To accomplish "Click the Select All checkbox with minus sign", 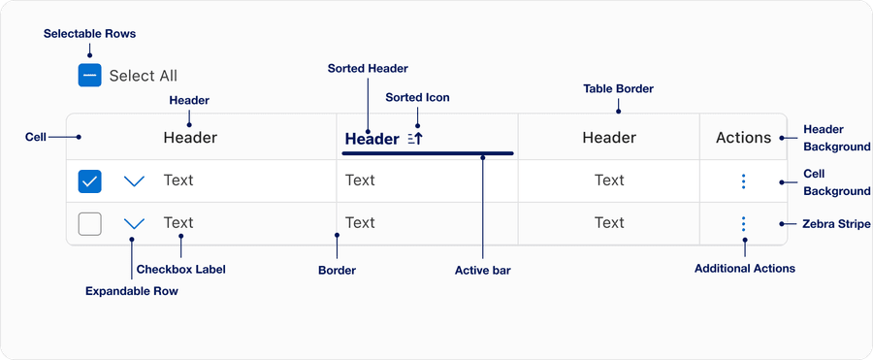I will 89,76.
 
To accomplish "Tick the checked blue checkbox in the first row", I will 89,180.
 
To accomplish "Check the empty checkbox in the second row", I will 89,224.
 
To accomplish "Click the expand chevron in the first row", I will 135,180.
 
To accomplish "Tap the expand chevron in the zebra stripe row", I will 135,224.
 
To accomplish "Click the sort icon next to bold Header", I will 415,139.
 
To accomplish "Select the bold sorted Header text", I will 372,139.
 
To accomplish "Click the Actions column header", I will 743,138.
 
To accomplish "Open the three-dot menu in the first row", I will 743,180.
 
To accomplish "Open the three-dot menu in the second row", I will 743,224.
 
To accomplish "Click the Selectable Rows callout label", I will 89,34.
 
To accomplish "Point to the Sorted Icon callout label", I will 417,98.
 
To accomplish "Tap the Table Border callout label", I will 618,88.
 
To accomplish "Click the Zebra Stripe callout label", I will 836,224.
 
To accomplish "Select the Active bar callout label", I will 482,271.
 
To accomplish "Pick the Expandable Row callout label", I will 132,290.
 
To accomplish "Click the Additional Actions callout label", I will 744,268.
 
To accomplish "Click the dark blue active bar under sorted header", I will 427,153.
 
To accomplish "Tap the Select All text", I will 143,76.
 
